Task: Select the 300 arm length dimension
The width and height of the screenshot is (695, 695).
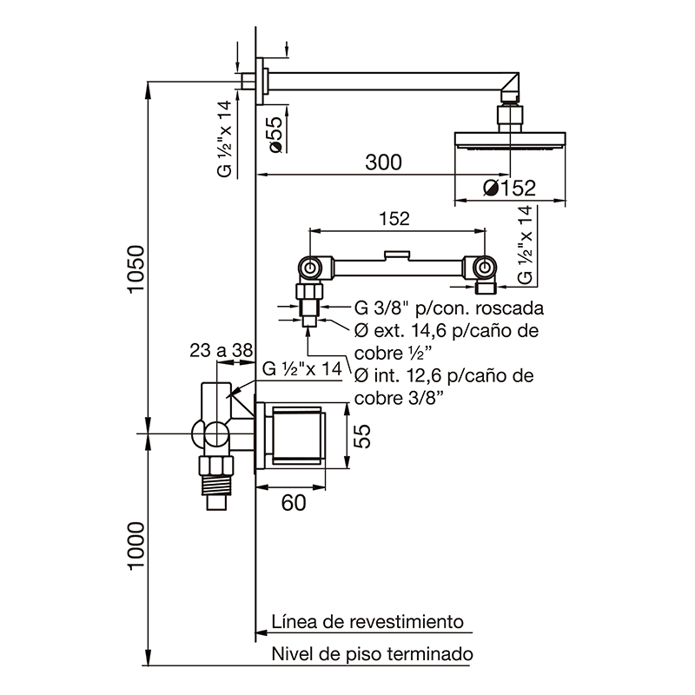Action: tap(382, 162)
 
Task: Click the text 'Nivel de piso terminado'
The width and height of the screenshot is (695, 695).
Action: tap(372, 654)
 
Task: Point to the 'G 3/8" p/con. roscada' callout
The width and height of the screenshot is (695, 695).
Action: tap(449, 308)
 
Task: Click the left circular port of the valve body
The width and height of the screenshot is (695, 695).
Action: tap(310, 267)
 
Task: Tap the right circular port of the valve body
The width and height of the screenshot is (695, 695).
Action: tap(484, 267)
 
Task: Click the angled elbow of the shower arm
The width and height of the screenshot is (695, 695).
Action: tap(509, 88)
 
